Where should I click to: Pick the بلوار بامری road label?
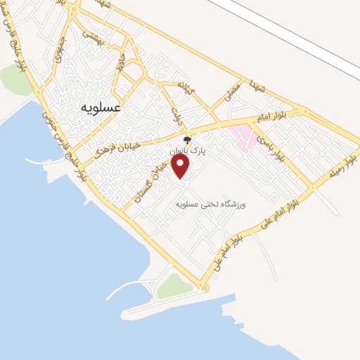[272, 147]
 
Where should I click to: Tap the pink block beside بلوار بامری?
[243, 136]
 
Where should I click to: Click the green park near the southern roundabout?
[173, 285]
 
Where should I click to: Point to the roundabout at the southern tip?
[204, 288]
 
